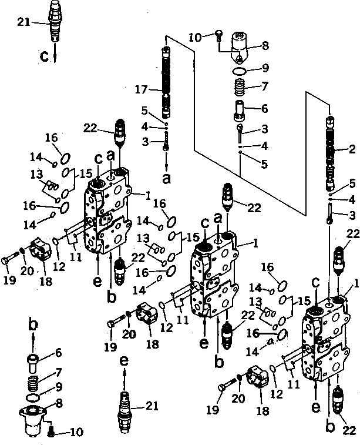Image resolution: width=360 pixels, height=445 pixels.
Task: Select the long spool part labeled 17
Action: (x=166, y=82)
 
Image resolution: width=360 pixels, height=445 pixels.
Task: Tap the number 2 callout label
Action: (x=352, y=149)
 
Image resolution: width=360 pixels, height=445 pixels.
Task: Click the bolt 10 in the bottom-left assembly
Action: (x=51, y=432)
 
